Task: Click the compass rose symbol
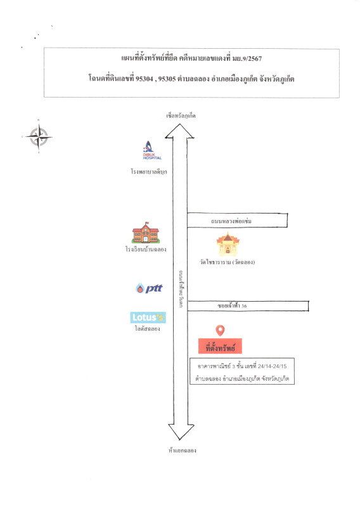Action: pyautogui.click(x=39, y=137)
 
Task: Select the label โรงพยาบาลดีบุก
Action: pyautogui.click(x=149, y=172)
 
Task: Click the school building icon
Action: pyautogui.click(x=146, y=233)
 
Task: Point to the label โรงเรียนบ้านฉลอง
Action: pyautogui.click(x=146, y=249)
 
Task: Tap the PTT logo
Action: pyautogui.click(x=149, y=288)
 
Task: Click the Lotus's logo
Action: pyautogui.click(x=148, y=318)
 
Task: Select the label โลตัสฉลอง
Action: pyautogui.click(x=148, y=329)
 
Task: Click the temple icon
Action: pyautogui.click(x=228, y=244)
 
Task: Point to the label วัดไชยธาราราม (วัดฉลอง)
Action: pyautogui.click(x=228, y=262)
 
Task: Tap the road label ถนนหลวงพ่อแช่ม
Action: pyautogui.click(x=231, y=221)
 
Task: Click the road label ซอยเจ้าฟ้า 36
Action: pyautogui.click(x=232, y=305)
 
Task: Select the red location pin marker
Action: pyautogui.click(x=220, y=330)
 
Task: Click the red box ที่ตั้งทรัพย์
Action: pyautogui.click(x=220, y=346)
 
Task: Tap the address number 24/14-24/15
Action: pyautogui.click(x=272, y=366)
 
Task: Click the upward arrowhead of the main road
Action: pyautogui.click(x=179, y=131)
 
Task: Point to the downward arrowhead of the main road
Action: pyautogui.click(x=181, y=432)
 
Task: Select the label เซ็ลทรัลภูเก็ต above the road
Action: pyautogui.click(x=181, y=116)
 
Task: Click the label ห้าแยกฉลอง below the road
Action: pyautogui.click(x=182, y=451)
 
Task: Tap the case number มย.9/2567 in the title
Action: pyautogui.click(x=247, y=58)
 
